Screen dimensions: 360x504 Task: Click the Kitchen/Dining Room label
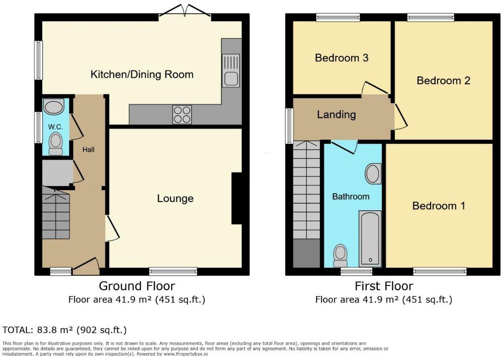[142, 74]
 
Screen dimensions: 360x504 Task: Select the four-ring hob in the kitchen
[182, 114]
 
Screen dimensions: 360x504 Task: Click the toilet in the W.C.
[56, 143]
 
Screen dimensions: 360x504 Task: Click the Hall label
[88, 150]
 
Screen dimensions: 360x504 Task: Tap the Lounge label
[175, 199]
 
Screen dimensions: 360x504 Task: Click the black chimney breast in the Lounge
[237, 199]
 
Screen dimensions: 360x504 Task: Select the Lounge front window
[173, 271]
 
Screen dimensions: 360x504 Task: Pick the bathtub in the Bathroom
[370, 238]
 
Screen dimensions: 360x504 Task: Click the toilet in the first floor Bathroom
[340, 255]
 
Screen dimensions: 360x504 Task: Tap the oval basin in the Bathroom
[373, 174]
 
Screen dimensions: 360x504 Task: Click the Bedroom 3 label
[342, 58]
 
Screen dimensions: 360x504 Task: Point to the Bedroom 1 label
[439, 206]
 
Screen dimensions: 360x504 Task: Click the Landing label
[336, 115]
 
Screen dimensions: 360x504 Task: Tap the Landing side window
[289, 126]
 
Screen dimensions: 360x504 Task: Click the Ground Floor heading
[137, 286]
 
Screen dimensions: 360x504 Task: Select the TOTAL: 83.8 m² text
[65, 330]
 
